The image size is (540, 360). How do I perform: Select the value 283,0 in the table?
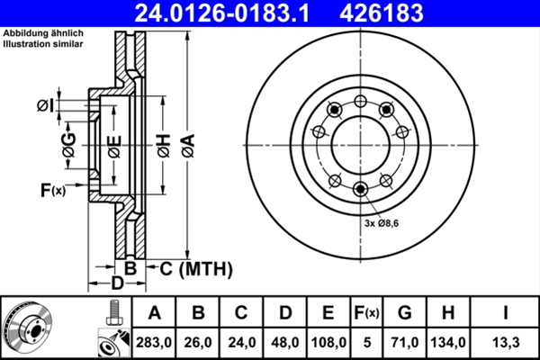click(154, 342)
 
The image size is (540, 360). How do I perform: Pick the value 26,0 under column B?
click(198, 342)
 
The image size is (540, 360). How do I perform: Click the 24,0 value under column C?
click(241, 342)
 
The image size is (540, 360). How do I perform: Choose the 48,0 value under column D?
click(284, 342)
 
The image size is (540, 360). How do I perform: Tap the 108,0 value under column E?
click(328, 342)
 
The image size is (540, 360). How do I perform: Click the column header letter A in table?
click(154, 313)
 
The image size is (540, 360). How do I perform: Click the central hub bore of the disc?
click(360, 144)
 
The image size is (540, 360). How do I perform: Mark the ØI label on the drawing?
click(45, 106)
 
